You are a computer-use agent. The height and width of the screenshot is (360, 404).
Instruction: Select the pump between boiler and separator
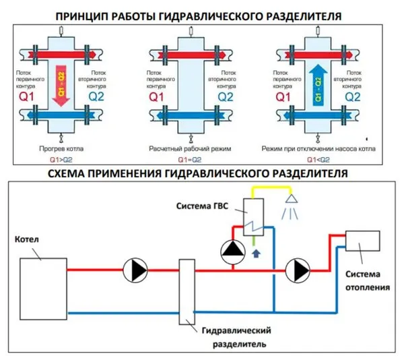click(135, 270)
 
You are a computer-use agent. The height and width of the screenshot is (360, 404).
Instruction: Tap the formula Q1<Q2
click(318, 159)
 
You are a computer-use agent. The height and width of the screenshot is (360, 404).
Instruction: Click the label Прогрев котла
click(61, 147)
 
